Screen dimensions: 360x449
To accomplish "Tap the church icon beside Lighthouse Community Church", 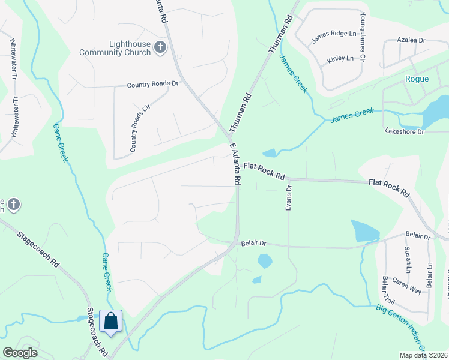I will point(160,47).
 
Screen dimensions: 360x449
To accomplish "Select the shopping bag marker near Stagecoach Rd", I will point(112,321).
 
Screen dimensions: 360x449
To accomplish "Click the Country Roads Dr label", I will point(153,85).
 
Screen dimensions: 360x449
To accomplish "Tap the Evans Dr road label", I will point(289,197).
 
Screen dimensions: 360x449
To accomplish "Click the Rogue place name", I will point(417,79).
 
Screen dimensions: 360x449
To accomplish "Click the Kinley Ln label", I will point(340,61).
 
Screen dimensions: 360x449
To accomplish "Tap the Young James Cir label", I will point(363,37).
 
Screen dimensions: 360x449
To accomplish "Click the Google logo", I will point(20,353).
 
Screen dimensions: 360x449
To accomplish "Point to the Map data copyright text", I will point(422,355).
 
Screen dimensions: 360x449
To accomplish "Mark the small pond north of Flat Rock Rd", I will point(269,153).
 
